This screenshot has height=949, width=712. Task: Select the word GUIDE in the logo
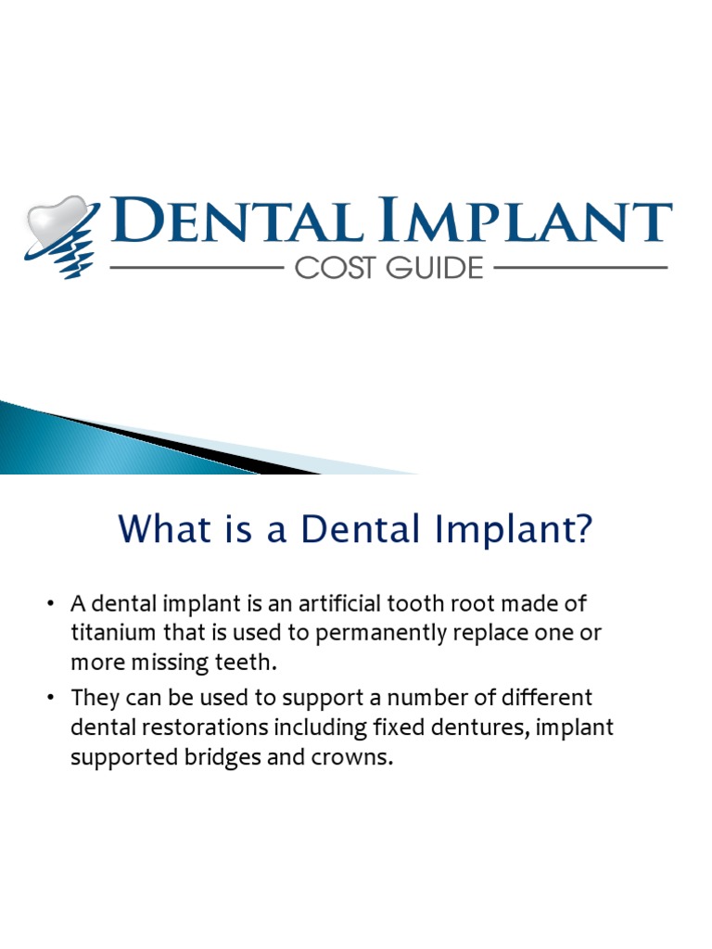point(434,269)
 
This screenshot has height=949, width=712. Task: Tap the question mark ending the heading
point(580,532)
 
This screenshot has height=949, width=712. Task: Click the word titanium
point(110,633)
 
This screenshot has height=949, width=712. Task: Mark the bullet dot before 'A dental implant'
point(52,605)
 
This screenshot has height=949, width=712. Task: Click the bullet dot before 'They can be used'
point(52,698)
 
